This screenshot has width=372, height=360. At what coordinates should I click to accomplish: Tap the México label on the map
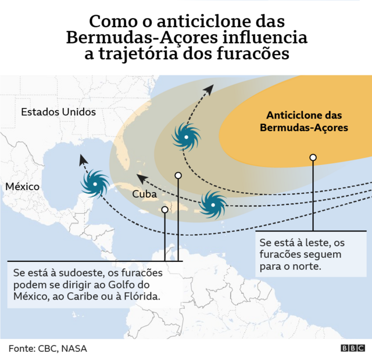23,187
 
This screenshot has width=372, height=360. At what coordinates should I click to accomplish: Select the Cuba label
144,194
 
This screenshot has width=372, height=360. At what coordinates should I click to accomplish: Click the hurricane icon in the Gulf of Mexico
95,184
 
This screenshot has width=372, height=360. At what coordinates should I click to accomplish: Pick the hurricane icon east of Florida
186,137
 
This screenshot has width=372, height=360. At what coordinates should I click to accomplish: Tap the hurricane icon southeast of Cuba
213,204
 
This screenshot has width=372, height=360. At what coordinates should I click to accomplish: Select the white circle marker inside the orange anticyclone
313,157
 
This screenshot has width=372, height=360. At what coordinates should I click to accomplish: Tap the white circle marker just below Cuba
165,210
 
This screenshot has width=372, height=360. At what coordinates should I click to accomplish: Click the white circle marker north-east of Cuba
178,175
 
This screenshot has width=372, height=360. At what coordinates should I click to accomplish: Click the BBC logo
352,348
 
